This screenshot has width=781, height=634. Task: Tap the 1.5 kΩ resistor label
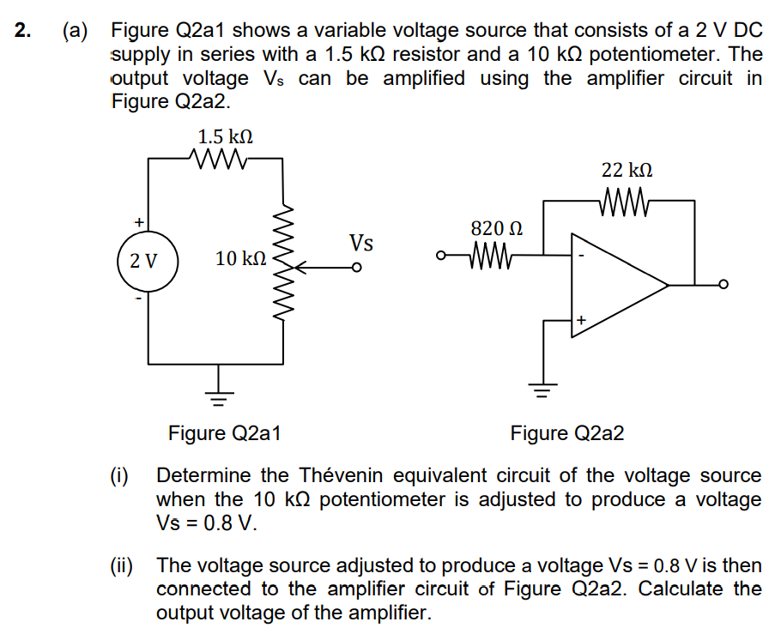click(225, 136)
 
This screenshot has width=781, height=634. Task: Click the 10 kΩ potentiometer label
click(241, 258)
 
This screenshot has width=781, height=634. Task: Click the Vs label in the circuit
click(361, 244)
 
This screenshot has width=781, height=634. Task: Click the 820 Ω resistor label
click(496, 229)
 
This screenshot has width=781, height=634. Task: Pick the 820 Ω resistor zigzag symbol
click(490, 255)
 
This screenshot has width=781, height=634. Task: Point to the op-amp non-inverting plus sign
click(581, 320)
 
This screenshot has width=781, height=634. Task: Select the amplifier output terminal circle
click(723, 286)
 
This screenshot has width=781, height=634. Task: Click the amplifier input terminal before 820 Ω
click(441, 255)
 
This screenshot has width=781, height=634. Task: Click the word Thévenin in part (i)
click(340, 475)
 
